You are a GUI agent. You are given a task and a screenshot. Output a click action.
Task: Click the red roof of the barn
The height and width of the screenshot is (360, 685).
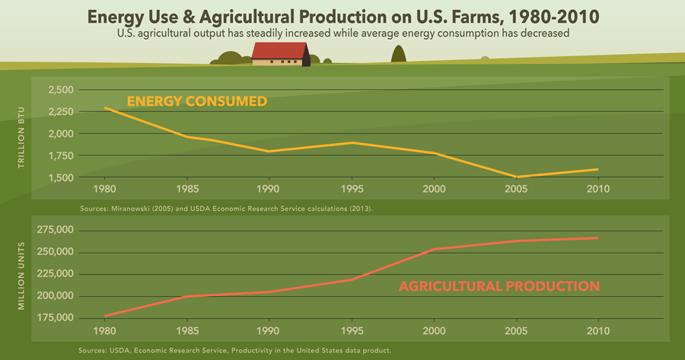[x=279, y=50]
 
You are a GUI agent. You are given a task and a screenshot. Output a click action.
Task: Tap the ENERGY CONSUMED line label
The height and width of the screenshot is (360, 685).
[x=196, y=101]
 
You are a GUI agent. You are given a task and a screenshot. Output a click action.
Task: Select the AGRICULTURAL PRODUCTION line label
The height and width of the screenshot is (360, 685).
[x=499, y=287]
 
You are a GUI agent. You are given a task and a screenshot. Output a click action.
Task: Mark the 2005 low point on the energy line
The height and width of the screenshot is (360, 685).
[x=517, y=177]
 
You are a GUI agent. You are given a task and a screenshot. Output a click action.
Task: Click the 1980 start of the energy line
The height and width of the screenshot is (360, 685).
[x=105, y=108]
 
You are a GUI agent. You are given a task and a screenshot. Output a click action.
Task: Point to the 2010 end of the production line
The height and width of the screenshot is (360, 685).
[x=597, y=238]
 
